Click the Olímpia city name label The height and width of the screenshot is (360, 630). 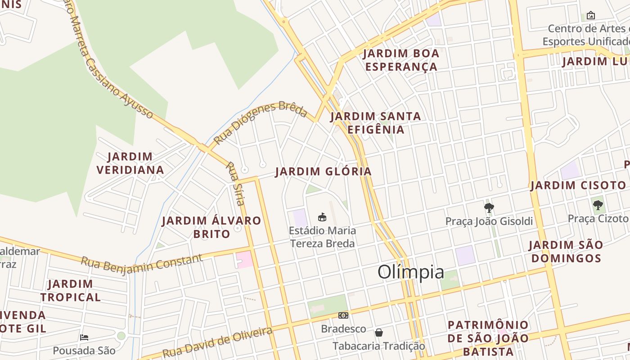[411, 272]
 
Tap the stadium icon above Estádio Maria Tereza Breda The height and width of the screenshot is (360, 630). [322, 217]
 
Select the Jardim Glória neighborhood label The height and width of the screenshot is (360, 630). [324, 171]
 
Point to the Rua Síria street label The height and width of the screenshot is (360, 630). [235, 184]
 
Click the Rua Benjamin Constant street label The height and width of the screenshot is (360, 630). [142, 262]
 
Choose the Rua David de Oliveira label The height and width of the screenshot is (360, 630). [217, 342]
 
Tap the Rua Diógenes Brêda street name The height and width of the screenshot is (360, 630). [260, 122]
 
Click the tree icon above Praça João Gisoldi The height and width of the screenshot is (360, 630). [489, 208]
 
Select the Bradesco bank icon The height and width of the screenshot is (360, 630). [343, 316]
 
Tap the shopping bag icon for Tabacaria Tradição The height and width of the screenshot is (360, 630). [379, 333]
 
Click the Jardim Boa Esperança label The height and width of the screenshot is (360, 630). [401, 60]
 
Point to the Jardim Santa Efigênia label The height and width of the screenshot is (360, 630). [376, 123]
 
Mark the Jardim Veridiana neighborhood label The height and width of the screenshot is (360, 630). [130, 163]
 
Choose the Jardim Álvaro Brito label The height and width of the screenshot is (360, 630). [211, 227]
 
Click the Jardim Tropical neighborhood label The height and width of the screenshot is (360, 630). [70, 291]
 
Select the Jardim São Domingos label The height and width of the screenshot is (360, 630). [566, 252]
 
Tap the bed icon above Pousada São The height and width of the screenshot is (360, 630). [84, 337]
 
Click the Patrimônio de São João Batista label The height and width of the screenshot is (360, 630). [488, 338]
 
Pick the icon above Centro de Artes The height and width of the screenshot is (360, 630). [591, 16]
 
